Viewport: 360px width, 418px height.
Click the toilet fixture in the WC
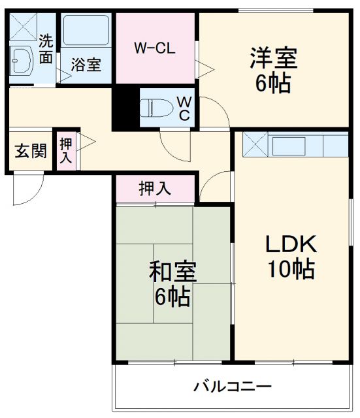[156, 108]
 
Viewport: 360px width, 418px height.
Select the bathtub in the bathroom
[86, 30]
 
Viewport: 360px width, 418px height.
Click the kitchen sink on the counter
[289, 146]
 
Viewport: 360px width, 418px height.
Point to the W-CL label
[155, 48]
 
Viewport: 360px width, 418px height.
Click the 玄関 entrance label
[31, 151]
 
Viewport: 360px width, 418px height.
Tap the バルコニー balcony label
[233, 387]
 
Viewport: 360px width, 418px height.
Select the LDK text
[291, 244]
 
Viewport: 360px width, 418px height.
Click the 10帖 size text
[291, 268]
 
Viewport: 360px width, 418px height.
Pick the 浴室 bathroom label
[86, 65]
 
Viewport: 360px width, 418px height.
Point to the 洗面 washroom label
[46, 49]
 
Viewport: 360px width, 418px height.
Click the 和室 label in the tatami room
[172, 272]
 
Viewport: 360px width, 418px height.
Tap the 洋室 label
[274, 58]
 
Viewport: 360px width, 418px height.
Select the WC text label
[184, 108]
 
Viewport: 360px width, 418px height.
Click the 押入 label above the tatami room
[155, 189]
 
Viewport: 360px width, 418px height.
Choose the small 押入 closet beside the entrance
[66, 151]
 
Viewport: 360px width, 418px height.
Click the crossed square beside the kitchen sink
[255, 144]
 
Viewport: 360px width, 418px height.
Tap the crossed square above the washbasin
[23, 27]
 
